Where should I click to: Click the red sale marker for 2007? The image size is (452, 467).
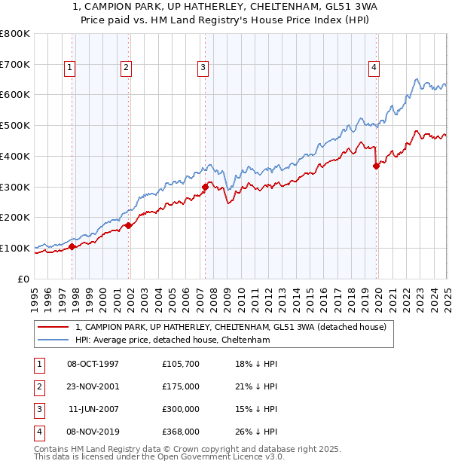click(x=205, y=187)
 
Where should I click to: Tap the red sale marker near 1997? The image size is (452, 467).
click(x=72, y=246)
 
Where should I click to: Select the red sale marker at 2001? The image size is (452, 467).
click(x=129, y=224)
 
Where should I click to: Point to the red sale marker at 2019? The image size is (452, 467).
click(x=376, y=166)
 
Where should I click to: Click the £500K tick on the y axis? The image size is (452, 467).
click(x=15, y=125)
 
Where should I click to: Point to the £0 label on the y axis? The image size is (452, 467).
click(x=24, y=279)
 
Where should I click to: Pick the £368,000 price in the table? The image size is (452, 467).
click(x=181, y=432)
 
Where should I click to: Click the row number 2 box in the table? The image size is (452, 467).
click(x=38, y=386)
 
